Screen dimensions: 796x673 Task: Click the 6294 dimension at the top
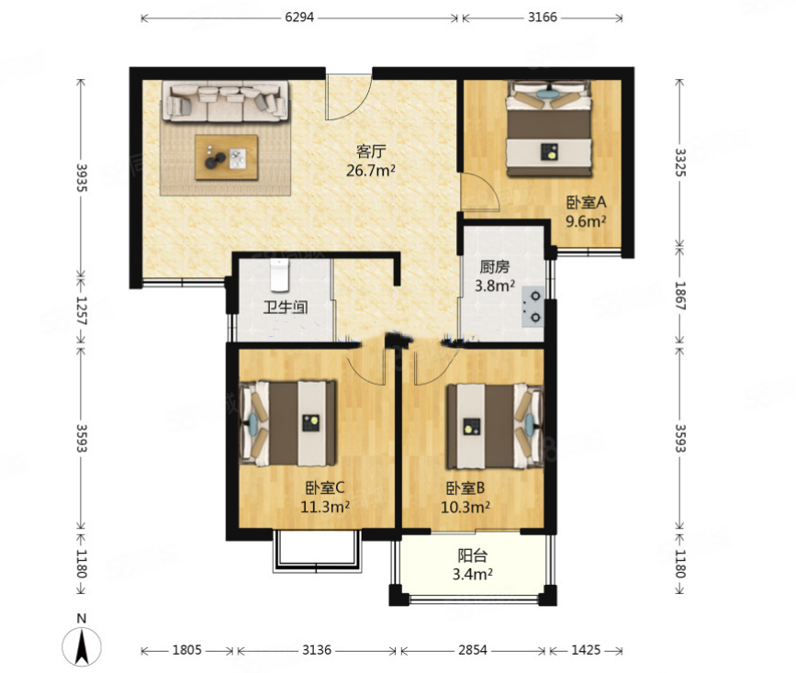pyautogui.click(x=299, y=17)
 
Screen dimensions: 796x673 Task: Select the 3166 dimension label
pyautogui.click(x=543, y=17)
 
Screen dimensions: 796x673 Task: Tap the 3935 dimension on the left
pyautogui.click(x=81, y=177)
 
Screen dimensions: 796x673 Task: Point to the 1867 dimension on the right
pyautogui.click(x=680, y=296)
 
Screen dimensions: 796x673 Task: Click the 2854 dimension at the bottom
pyautogui.click(x=473, y=650)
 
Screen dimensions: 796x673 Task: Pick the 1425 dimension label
pyautogui.click(x=586, y=650)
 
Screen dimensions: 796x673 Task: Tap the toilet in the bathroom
pyautogui.click(x=279, y=275)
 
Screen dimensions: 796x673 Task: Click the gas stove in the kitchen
pyautogui.click(x=533, y=307)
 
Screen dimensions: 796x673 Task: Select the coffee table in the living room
pyautogui.click(x=227, y=157)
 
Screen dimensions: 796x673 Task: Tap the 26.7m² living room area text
pyautogui.click(x=371, y=171)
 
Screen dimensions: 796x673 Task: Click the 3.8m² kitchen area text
pyautogui.click(x=495, y=286)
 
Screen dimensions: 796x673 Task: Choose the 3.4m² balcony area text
pyautogui.click(x=473, y=575)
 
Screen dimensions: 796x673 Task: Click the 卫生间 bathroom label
pyautogui.click(x=286, y=307)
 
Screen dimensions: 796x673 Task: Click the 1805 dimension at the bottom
pyautogui.click(x=186, y=650)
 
